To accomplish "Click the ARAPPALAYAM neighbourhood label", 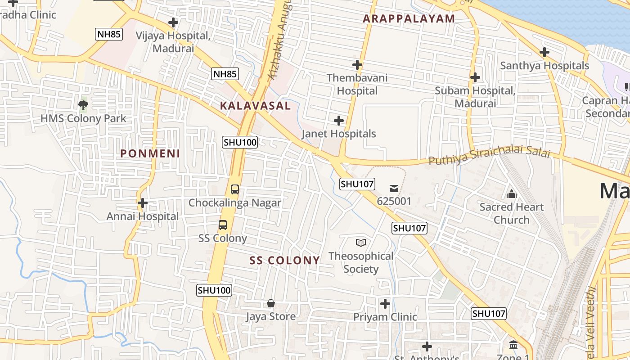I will (409, 19).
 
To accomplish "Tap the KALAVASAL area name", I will (255, 106).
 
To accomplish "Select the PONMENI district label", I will (150, 153).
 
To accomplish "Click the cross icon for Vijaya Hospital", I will (173, 22).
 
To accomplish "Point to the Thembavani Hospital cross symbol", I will (357, 65).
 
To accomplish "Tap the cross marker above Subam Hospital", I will (475, 77).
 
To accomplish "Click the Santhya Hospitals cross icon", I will (544, 52).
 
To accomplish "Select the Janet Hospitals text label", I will (338, 134).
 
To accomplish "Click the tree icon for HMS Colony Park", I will (83, 105).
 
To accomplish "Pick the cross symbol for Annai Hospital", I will (143, 203).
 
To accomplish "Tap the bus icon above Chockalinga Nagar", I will (235, 189).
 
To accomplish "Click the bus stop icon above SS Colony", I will (223, 225).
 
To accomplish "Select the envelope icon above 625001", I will (394, 188).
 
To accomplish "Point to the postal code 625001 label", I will (394, 201).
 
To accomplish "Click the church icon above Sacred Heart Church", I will (511, 194).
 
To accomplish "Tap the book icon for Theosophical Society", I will (361, 243).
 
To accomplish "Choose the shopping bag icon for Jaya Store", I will (271, 303).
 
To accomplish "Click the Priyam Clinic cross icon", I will (385, 304).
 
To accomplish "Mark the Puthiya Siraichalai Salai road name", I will (489, 157).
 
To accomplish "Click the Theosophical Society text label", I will (361, 262).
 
